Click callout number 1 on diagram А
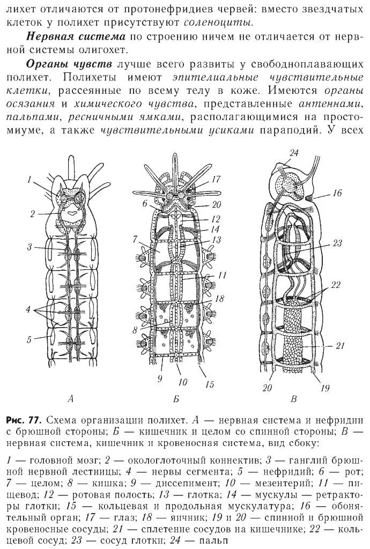[31, 180]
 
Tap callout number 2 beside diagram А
[33, 213]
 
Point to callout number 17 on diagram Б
[217, 180]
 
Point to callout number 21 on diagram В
[339, 345]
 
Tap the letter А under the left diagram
[71, 398]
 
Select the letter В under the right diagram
[293, 398]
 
